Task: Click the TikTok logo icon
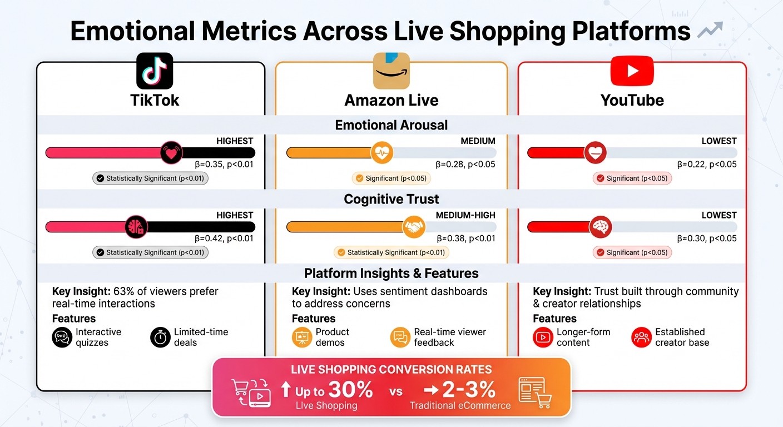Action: (154, 71)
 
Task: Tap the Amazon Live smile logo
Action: (391, 71)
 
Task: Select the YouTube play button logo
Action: (632, 71)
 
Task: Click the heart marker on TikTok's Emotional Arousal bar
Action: (171, 152)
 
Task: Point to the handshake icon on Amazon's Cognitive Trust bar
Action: (414, 227)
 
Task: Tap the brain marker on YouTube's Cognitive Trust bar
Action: (601, 227)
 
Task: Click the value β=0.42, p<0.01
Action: (224, 239)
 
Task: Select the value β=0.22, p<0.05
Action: (706, 164)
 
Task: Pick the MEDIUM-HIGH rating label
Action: (465, 215)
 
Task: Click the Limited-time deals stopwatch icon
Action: (160, 337)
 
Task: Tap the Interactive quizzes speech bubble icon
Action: (62, 337)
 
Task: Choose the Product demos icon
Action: (302, 337)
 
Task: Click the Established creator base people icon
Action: (641, 337)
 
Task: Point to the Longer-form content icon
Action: (543, 337)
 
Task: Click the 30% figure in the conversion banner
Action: (350, 389)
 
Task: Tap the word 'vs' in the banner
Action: (396, 391)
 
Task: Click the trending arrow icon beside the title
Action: (710, 30)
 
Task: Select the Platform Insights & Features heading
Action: (391, 274)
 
